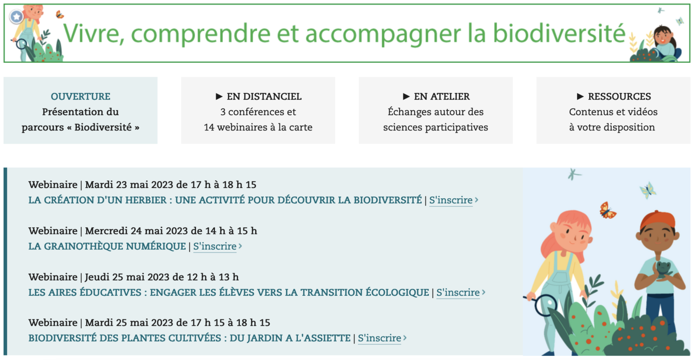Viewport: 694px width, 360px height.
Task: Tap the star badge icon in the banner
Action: (x=16, y=16)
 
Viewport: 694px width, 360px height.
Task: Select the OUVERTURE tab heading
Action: (x=80, y=96)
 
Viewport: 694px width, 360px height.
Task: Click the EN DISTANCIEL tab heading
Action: (x=264, y=96)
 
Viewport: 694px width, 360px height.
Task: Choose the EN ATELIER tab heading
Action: (x=442, y=96)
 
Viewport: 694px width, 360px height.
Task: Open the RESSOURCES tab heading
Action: (x=619, y=96)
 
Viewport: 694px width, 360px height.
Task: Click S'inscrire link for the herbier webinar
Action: (x=451, y=200)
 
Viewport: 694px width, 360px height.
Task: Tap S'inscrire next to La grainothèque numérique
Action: (x=215, y=246)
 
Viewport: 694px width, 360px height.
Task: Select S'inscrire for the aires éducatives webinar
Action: (x=458, y=292)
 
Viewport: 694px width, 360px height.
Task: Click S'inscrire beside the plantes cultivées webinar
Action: (x=380, y=338)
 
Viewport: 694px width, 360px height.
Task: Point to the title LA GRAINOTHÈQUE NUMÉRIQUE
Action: (x=107, y=246)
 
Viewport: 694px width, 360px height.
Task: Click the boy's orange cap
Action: (x=657, y=220)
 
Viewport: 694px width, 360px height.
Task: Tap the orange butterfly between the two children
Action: (x=607, y=210)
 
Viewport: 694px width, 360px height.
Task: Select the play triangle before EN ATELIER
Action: (x=406, y=96)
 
